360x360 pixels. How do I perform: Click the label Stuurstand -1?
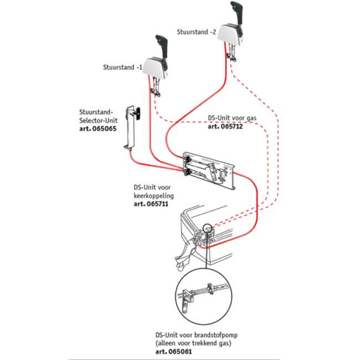tap(122, 67)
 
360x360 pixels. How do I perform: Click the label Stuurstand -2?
tap(197, 32)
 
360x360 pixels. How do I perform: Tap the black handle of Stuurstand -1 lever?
tap(162, 47)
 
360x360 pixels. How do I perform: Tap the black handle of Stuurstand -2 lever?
tap(237, 12)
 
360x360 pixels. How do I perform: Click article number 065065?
tap(104, 128)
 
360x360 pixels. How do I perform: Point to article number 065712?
tap(232, 126)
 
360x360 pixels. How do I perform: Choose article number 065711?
tap(157, 204)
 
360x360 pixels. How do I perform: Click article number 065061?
tap(180, 352)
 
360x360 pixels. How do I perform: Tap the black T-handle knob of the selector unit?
tap(138, 114)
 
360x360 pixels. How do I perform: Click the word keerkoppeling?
tap(154, 196)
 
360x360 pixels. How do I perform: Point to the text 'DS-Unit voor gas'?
tap(232, 118)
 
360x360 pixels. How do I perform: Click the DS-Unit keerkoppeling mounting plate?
tap(208, 171)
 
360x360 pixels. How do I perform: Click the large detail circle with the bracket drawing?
tap(204, 297)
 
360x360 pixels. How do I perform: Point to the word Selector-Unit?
tap(98, 121)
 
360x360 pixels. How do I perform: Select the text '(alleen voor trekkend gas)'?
tap(193, 343)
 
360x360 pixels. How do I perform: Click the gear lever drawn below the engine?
tap(187, 255)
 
